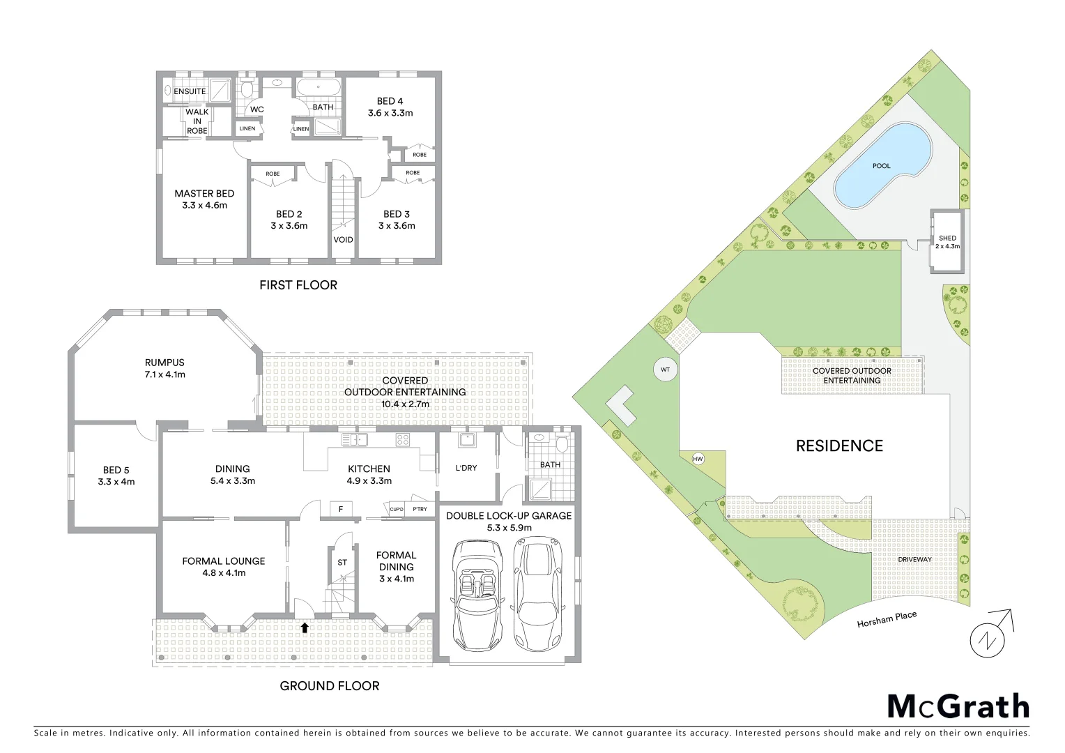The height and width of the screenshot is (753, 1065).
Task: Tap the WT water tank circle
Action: pos(665,370)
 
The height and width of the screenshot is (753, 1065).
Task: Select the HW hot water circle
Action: pos(698,459)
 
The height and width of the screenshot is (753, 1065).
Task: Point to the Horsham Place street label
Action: pos(887,619)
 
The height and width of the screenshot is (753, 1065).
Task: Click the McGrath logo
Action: pos(958,706)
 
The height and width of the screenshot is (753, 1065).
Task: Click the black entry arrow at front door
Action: pos(304,627)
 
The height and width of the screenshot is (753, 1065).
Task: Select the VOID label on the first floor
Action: pos(343,240)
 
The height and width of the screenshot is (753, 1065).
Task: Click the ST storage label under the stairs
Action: pos(342,562)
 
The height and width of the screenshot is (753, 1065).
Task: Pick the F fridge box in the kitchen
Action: pos(341,509)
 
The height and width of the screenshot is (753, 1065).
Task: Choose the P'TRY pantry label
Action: pos(420,509)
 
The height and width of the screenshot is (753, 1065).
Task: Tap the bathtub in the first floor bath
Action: pos(319,89)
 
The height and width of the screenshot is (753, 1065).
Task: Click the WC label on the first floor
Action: pos(256,109)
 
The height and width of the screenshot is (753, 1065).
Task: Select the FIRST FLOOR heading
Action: pos(298,284)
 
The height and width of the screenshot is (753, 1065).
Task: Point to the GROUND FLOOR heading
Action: pos(329,685)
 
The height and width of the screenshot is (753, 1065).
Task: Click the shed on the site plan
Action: pos(947,241)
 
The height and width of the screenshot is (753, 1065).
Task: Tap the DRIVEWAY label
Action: pos(915,559)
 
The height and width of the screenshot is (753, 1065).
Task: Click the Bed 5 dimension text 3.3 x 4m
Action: pos(116,481)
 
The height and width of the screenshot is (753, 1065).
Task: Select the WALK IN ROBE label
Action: pos(197,121)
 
